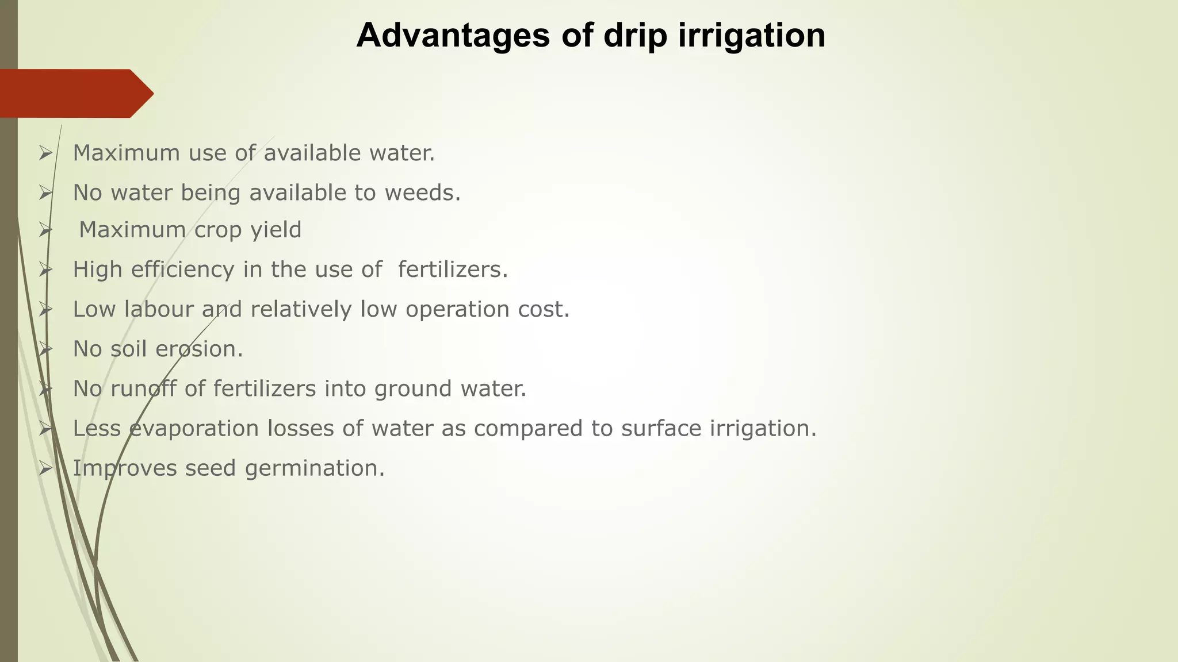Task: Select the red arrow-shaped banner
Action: (x=75, y=94)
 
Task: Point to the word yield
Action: (x=276, y=230)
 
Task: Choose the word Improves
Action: (x=124, y=468)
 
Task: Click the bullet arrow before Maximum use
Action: (x=45, y=153)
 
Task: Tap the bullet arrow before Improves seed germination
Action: (x=45, y=468)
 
